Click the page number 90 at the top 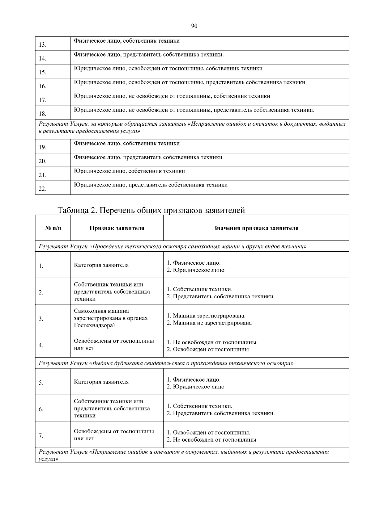(x=194, y=26)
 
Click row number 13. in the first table (x=43, y=45)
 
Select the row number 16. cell (x=43, y=86)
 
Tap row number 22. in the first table (x=43, y=189)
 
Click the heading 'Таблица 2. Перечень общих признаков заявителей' (x=151, y=210)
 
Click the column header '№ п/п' (x=53, y=228)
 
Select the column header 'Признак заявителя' (x=117, y=228)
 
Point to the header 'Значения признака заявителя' (x=256, y=228)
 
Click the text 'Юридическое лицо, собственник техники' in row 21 (x=129, y=171)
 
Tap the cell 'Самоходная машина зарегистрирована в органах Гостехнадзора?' (x=111, y=318)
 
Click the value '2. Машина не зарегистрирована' (x=209, y=323)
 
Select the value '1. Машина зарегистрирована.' (x=206, y=316)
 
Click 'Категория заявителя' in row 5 (x=101, y=382)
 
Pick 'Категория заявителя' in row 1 (x=101, y=265)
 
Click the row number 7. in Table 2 (x=41, y=436)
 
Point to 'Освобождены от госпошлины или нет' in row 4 (x=114, y=345)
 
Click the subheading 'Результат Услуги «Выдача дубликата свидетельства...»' (x=166, y=363)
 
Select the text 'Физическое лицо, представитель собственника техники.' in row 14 (x=149, y=55)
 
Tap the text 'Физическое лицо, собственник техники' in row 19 (x=126, y=144)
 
